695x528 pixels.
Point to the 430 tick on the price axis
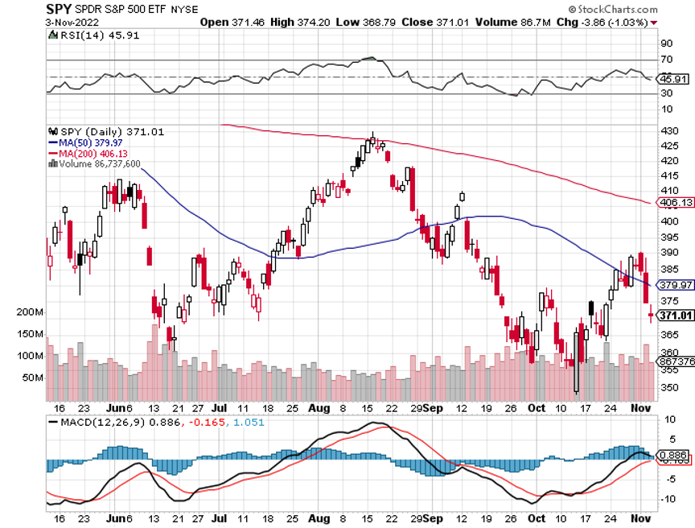coord(668,131)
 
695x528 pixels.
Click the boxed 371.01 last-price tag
coord(676,315)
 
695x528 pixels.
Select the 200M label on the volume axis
coord(30,311)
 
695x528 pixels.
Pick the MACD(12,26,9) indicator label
coord(97,421)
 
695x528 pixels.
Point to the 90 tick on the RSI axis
coord(667,43)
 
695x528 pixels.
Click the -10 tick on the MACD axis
coord(668,499)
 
